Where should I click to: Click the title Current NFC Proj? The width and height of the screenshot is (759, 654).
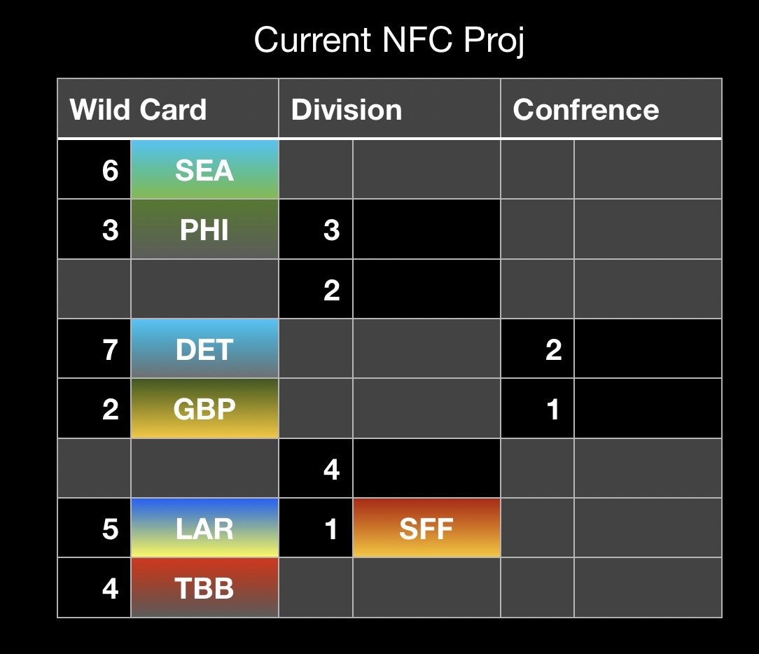pos(389,41)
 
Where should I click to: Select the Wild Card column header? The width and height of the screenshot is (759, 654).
pos(138,109)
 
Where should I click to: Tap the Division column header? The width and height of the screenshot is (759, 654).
pos(347,109)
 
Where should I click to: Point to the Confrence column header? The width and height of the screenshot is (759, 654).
pos(586,109)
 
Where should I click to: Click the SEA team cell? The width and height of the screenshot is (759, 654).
pos(204,169)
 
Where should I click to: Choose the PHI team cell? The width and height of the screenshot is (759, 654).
pos(204,229)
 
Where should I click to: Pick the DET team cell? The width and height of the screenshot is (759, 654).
pos(204,349)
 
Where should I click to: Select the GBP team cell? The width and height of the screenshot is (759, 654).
pos(204,408)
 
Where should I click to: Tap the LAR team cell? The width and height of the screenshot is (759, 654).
pos(204,528)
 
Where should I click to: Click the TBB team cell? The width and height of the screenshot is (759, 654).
pos(204,587)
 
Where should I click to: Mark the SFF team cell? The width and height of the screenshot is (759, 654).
pos(426,528)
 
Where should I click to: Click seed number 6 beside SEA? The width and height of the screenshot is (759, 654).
pos(111,170)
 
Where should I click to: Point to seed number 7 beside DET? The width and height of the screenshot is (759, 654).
pos(111,349)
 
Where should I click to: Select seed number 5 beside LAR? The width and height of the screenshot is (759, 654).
pos(111,529)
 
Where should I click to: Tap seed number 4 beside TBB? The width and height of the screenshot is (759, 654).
pos(111,589)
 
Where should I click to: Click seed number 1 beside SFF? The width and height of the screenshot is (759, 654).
pos(331,529)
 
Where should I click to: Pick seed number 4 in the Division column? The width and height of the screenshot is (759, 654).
pos(332,469)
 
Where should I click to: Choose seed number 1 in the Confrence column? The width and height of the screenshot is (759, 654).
pos(552,410)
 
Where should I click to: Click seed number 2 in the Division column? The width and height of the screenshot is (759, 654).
pos(332,290)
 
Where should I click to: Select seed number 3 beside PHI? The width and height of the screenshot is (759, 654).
pos(111,230)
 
